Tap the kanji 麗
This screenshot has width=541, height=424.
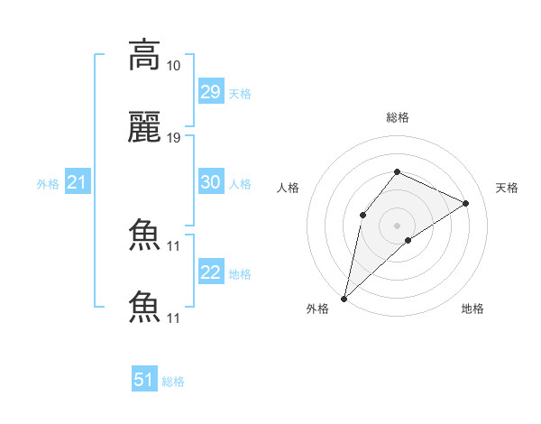[144, 128]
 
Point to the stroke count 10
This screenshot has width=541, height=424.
[174, 66]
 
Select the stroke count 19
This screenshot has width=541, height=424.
[174, 138]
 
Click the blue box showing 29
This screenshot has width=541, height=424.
[210, 92]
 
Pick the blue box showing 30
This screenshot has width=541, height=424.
[210, 182]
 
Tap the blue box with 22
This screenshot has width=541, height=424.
[210, 272]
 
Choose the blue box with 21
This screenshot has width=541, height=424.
[78, 183]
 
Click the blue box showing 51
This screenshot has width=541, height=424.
[144, 380]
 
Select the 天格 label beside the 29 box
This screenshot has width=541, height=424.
[240, 94]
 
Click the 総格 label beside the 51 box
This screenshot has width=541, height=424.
[173, 382]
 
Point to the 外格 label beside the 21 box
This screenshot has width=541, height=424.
[48, 184]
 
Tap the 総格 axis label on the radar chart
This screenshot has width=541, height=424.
[398, 117]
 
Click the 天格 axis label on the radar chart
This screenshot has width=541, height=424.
[508, 188]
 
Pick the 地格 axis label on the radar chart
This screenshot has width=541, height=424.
[472, 309]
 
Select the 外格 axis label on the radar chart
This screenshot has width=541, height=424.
[318, 309]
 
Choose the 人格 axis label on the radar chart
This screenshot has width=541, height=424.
[288, 188]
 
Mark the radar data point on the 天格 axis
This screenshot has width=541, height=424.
[466, 203]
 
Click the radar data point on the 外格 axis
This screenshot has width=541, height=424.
[344, 298]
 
